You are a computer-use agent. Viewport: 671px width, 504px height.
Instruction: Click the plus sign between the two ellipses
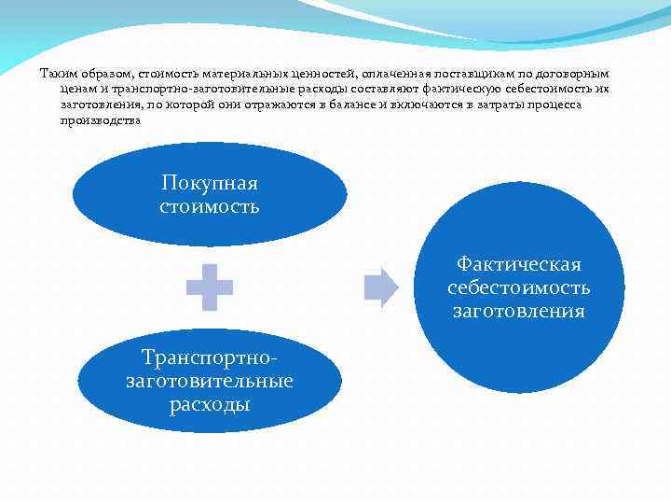click(x=210, y=287)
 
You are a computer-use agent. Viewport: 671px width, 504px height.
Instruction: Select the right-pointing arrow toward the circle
click(x=380, y=287)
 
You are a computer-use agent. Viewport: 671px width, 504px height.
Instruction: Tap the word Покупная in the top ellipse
click(x=209, y=183)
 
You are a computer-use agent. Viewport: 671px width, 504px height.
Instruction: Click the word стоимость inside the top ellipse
click(x=209, y=205)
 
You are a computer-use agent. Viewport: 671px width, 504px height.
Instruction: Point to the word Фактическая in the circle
click(x=519, y=265)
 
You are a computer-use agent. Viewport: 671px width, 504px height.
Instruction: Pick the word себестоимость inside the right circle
click(x=519, y=287)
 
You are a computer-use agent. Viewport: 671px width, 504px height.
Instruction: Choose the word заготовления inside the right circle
click(x=519, y=311)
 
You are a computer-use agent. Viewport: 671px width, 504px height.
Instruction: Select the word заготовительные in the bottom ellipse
click(x=209, y=381)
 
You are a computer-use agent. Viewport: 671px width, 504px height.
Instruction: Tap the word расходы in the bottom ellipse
click(x=209, y=404)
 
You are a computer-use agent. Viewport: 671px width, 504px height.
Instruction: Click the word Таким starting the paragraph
click(x=57, y=74)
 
